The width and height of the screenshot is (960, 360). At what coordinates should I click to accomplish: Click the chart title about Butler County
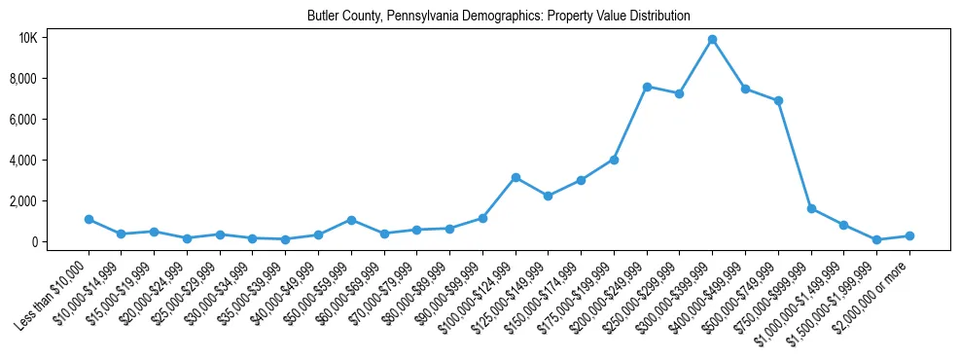(x=498, y=16)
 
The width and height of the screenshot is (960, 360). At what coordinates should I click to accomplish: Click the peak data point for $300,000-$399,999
(x=712, y=40)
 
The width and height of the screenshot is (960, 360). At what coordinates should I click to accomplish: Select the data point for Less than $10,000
(x=89, y=220)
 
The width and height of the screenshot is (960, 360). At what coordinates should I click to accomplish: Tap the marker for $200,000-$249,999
(x=647, y=87)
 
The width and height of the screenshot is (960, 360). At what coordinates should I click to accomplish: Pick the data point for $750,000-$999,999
(x=811, y=209)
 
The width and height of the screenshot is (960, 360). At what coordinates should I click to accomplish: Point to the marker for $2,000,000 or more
(x=909, y=235)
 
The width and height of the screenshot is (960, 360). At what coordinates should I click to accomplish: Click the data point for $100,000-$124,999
(x=516, y=177)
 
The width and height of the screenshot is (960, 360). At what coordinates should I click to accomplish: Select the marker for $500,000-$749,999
(x=778, y=101)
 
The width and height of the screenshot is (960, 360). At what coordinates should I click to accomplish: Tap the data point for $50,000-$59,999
(x=351, y=220)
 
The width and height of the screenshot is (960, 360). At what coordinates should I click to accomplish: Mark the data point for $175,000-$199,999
(x=614, y=160)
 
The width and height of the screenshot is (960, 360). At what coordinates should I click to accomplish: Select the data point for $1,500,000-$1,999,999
(x=876, y=239)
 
